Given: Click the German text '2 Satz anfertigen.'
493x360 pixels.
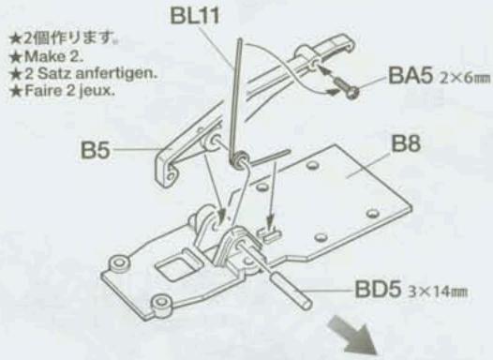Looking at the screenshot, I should [x=73, y=69].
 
